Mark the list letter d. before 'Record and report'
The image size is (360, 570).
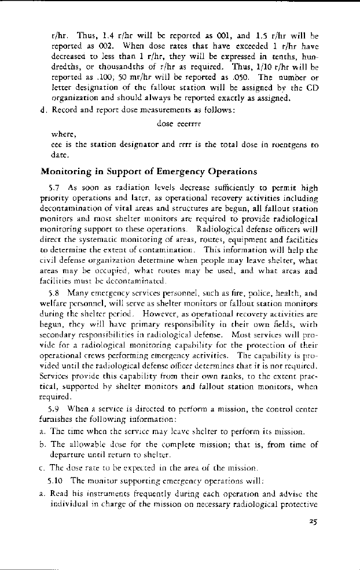click(x=43, y=110)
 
